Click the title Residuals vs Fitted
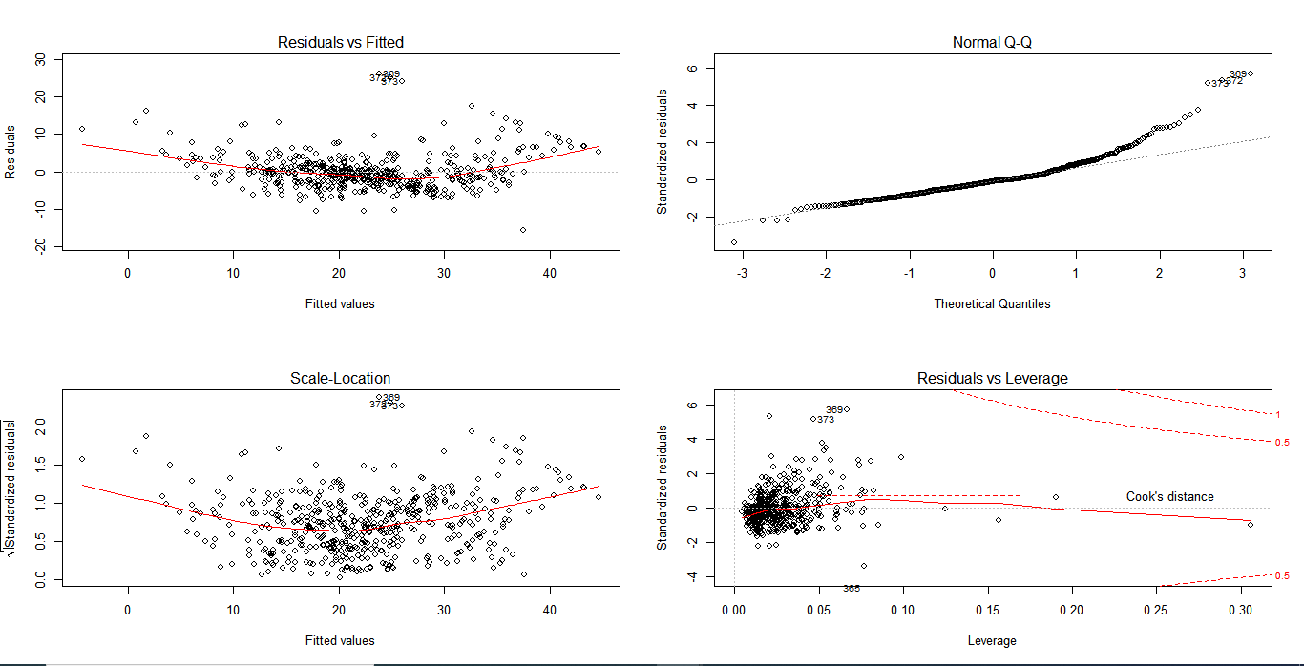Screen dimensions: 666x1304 (x=341, y=42)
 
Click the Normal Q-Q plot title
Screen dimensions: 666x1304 (x=993, y=42)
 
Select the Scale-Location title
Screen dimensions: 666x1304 (x=341, y=378)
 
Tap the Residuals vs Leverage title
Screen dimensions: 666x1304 (x=993, y=378)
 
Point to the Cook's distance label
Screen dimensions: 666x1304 (x=1169, y=496)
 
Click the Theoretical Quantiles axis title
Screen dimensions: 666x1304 (x=993, y=303)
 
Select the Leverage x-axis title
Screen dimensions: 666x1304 (x=993, y=640)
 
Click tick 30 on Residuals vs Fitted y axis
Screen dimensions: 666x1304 (x=39, y=59)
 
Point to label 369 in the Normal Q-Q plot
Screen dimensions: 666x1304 (x=1238, y=73)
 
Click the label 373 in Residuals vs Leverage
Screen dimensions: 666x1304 (x=826, y=419)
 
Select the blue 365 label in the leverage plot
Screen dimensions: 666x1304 (x=852, y=588)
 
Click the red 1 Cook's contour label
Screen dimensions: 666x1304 (x=1277, y=414)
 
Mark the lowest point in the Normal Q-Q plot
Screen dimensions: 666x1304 (x=734, y=242)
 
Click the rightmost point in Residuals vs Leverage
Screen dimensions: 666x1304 (x=1250, y=524)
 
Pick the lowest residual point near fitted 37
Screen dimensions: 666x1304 (x=523, y=229)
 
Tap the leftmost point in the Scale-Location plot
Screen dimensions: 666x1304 (x=82, y=459)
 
